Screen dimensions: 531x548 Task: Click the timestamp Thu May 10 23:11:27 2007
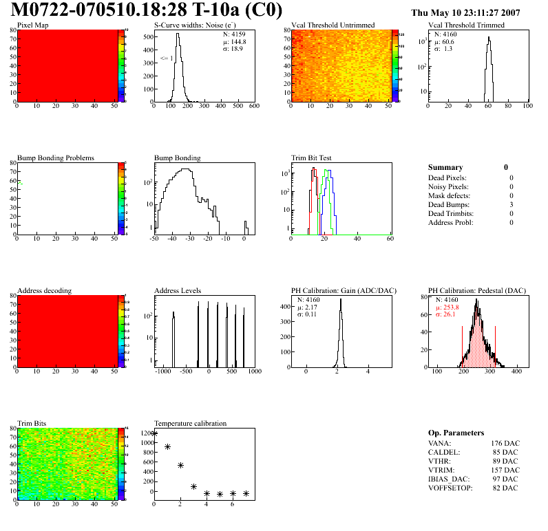click(465, 13)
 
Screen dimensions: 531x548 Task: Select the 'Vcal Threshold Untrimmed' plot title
click(333, 25)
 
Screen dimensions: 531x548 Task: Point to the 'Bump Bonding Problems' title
click(56, 158)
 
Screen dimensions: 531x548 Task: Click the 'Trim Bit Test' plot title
click(312, 158)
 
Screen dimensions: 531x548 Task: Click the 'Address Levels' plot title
click(178, 291)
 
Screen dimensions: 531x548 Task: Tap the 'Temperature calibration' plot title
click(191, 424)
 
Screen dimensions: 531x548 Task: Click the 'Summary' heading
click(445, 168)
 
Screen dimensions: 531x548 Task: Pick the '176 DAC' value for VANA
click(505, 443)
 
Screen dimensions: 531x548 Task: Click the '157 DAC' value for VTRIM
click(505, 470)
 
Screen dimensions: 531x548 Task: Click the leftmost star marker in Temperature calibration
click(154, 433)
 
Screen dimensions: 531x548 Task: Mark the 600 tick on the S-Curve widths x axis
click(254, 107)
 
